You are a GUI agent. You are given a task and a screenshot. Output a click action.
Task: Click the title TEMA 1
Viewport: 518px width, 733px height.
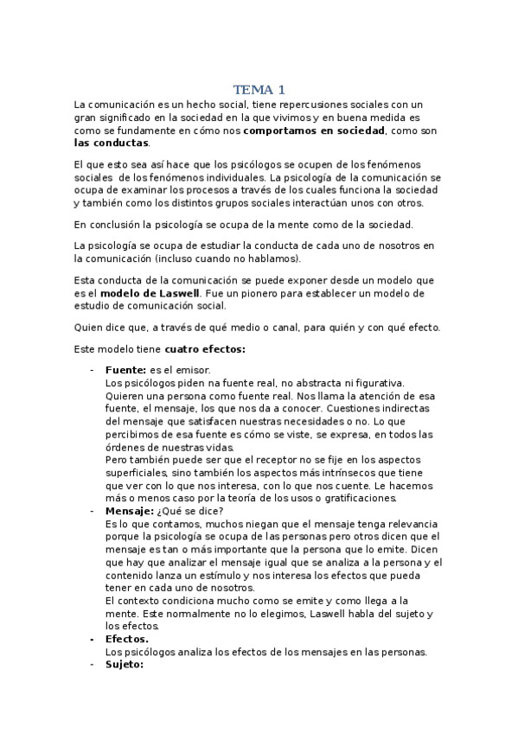259,90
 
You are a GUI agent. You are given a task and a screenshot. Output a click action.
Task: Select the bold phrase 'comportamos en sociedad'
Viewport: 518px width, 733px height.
313,131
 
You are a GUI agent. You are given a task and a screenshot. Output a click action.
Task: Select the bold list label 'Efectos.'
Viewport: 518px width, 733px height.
126,639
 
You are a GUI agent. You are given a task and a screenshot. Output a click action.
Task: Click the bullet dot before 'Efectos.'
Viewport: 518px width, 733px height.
93,639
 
